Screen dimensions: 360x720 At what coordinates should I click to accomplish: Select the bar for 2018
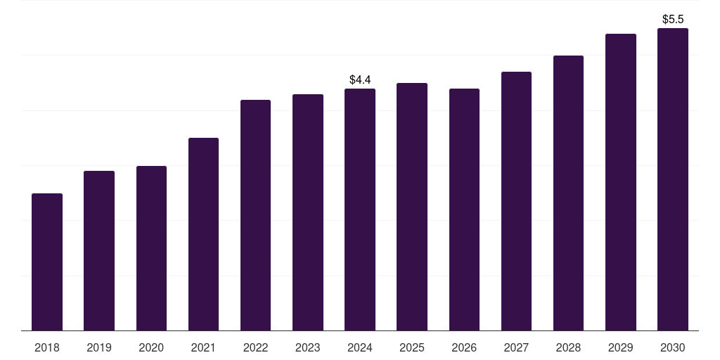[47, 262]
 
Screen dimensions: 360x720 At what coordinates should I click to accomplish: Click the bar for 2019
[99, 250]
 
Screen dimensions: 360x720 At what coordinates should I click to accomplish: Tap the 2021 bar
[203, 234]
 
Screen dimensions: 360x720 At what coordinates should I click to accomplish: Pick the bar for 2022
[255, 215]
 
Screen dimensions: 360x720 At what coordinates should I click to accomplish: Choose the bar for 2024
[360, 210]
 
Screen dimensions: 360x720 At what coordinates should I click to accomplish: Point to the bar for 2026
[464, 210]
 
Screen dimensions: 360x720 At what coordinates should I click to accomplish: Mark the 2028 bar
[568, 193]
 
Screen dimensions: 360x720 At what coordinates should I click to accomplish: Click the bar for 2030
[672, 179]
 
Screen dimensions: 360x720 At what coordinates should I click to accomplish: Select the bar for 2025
[412, 207]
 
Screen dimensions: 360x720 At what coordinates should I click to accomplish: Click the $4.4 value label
[360, 80]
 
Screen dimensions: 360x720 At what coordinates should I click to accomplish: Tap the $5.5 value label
[673, 20]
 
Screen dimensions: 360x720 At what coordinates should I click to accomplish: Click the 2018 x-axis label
[47, 347]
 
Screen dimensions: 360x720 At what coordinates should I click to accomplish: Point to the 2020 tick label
[151, 347]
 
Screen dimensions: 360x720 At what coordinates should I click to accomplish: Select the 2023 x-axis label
[308, 347]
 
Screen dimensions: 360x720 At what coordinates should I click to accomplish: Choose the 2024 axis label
[360, 347]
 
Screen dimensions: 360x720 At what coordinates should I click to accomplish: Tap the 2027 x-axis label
[516, 347]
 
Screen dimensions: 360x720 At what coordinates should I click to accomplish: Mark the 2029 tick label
[620, 347]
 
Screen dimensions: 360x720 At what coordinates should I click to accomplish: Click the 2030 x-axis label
[673, 347]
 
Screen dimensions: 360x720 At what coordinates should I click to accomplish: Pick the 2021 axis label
[203, 347]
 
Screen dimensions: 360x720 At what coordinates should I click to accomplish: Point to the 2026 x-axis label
[464, 347]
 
